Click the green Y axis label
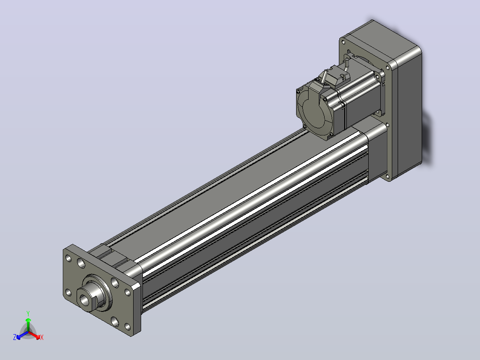click(28, 313)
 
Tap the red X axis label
click(42, 337)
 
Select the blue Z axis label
click(15, 337)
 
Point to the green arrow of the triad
click(28, 324)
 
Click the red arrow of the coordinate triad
click(34, 335)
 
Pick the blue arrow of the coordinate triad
click(22, 335)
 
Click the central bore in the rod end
click(84, 300)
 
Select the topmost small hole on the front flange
click(68, 258)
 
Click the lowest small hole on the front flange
click(127, 327)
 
